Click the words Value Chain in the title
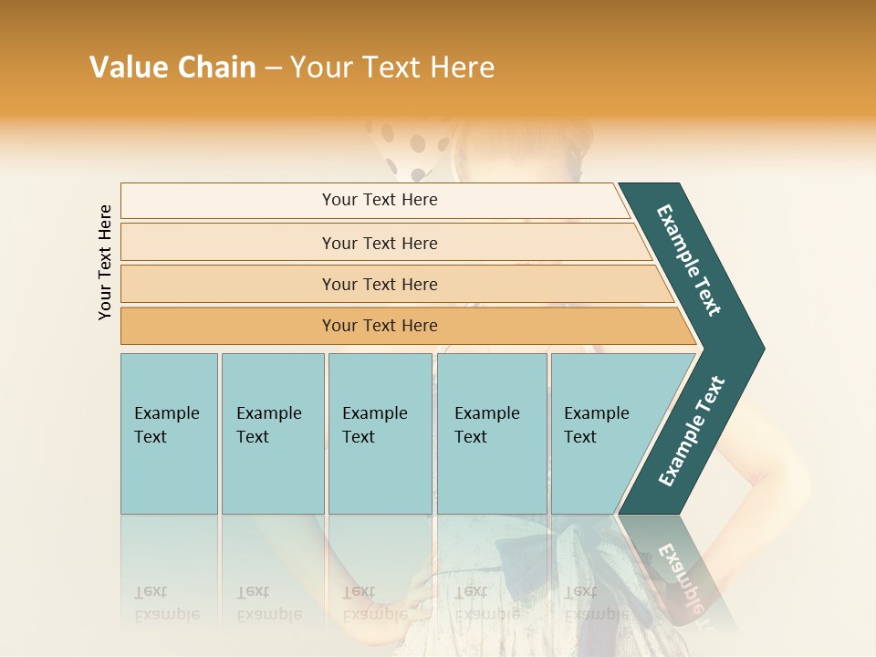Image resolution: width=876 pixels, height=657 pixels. point(172,68)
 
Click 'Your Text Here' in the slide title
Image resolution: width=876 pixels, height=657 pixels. point(392,68)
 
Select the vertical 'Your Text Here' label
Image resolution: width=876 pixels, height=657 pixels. point(105,262)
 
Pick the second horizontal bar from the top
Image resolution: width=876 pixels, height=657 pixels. point(379,243)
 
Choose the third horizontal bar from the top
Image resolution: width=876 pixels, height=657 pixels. point(379,284)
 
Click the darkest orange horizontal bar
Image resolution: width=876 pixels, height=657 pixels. point(379,326)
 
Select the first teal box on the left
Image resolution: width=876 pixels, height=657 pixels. point(169,433)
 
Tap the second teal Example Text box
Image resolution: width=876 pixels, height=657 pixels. point(272,433)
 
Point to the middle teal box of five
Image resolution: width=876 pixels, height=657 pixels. point(380,433)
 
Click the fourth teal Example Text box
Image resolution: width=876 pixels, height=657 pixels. point(492,433)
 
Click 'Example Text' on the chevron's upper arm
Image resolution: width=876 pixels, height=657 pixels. point(689,260)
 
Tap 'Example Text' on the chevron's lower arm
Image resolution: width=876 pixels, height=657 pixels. point(691,432)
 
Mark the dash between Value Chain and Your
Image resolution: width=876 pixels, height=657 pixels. point(273,68)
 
